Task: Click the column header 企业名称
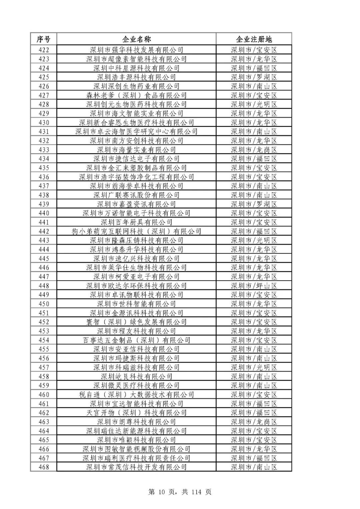[136, 39]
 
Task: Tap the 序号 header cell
[43, 39]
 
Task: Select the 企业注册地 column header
[254, 39]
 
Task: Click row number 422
[44, 50]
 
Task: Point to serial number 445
[44, 259]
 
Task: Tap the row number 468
[44, 467]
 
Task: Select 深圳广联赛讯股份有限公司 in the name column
[136, 195]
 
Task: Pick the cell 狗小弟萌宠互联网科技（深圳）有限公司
[136, 231]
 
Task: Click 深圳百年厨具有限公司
[136, 222]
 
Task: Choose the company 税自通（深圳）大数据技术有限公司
[136, 395]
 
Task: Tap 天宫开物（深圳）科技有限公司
[136, 413]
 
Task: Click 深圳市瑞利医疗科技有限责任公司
[136, 458]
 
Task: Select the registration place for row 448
[254, 286]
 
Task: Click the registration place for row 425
[254, 77]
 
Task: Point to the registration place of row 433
[254, 150]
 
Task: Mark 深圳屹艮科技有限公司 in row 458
[136, 376]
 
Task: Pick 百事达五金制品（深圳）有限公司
[136, 340]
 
